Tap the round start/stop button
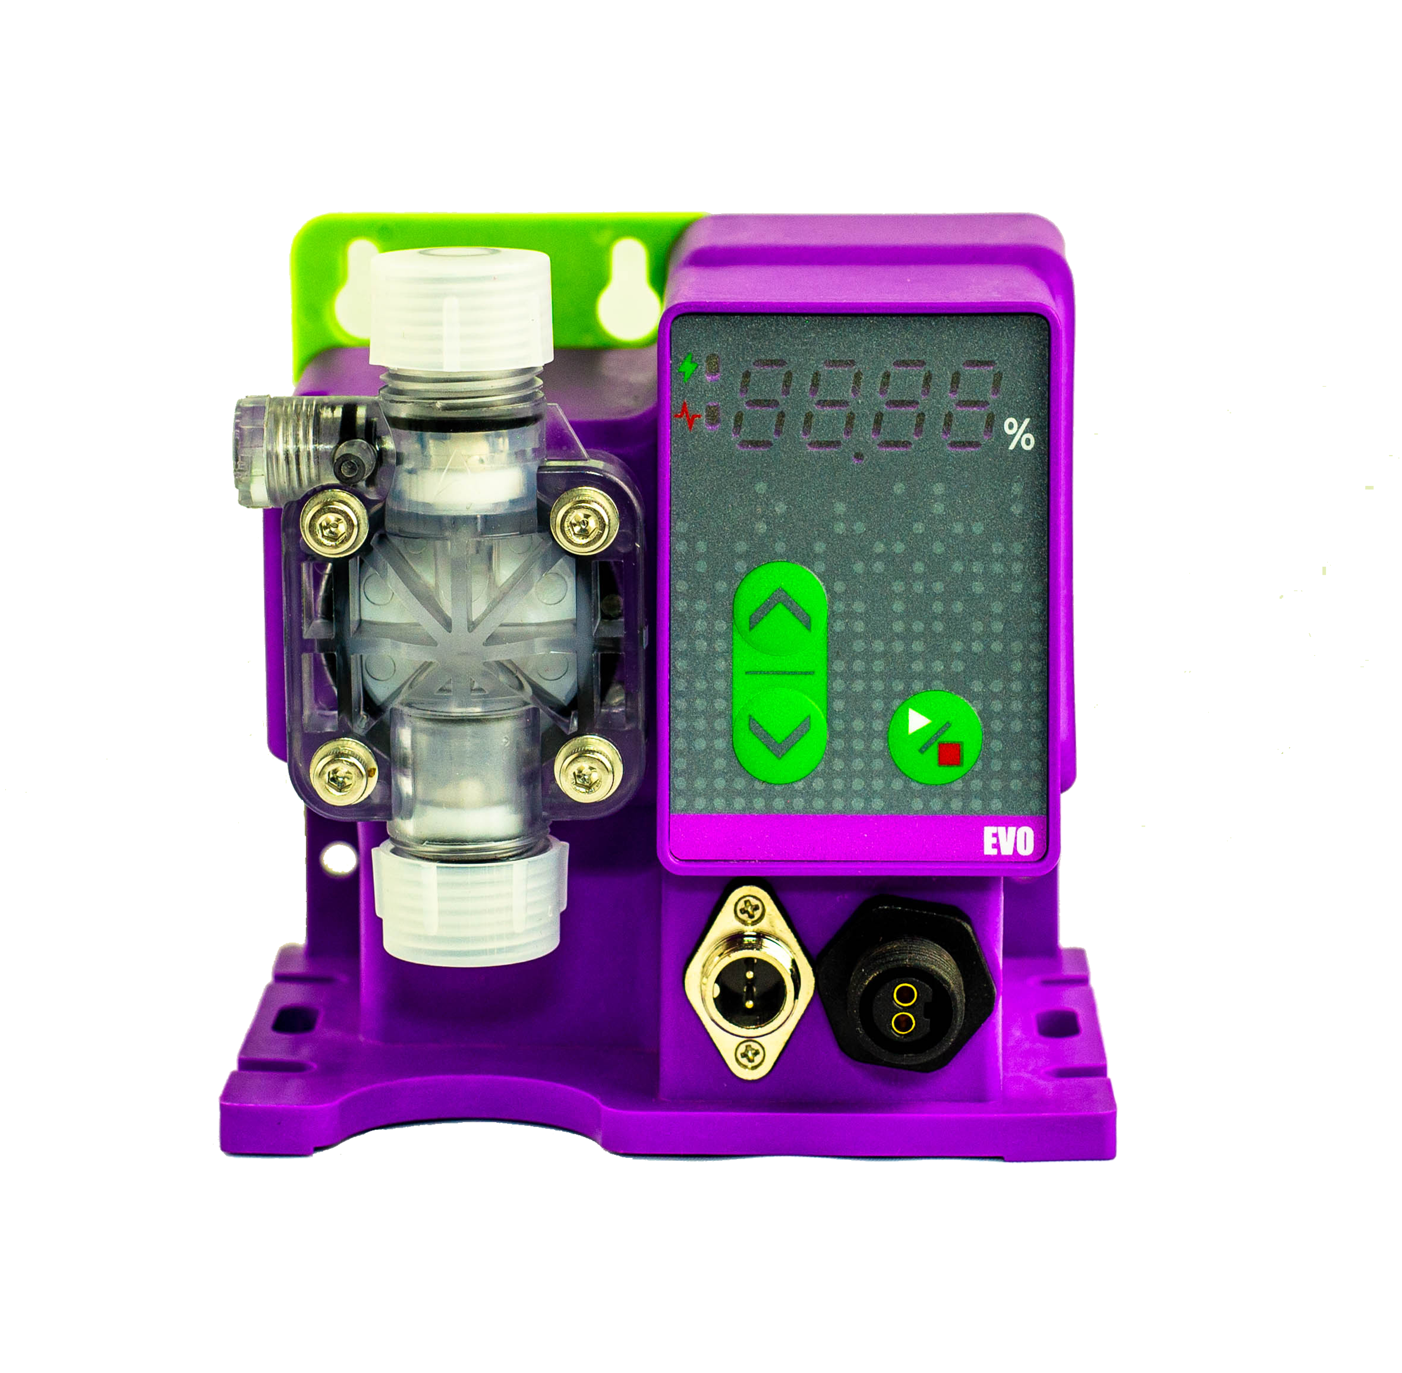[x=935, y=737]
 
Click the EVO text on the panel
[x=1007, y=841]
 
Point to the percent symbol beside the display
[x=1019, y=435]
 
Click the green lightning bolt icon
[x=689, y=368]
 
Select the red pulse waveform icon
[x=688, y=415]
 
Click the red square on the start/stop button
[x=949, y=755]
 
